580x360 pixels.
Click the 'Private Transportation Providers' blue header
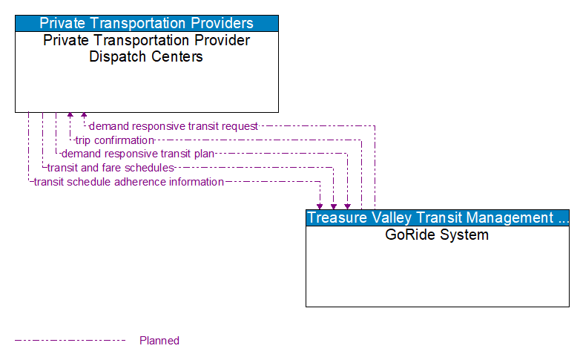coord(146,23)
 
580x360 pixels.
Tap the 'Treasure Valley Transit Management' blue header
coord(437,217)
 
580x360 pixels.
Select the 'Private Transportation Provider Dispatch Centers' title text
coord(146,48)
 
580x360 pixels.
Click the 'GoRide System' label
coord(437,235)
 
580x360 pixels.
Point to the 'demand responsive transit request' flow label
coord(174,126)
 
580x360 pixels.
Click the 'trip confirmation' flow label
coord(114,140)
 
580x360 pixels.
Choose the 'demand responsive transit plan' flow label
coord(138,154)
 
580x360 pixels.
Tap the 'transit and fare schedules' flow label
coord(110,168)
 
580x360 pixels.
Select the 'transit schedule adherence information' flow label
coord(128,182)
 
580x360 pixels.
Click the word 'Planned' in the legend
coord(159,341)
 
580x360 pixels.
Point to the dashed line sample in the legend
coord(70,341)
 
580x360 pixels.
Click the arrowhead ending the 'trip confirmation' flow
coord(70,117)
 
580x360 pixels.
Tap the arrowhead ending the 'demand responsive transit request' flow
coord(84,117)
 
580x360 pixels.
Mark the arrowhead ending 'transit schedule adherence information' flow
coord(320,206)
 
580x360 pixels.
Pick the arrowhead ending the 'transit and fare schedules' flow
coord(334,206)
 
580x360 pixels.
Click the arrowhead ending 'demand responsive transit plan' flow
coord(347,206)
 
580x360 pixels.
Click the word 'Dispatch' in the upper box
coord(114,56)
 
